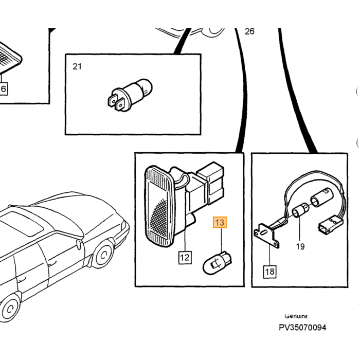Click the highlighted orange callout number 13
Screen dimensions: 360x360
220,222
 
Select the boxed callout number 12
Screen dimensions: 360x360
185,257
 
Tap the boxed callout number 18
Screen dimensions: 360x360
269,272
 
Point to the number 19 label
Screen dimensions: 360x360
300,246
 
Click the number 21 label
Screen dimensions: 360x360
77,66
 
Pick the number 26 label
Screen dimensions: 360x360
249,31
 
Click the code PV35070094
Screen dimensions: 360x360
302,328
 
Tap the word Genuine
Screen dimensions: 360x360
296,316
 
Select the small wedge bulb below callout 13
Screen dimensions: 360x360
217,263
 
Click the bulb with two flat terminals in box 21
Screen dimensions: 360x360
130,95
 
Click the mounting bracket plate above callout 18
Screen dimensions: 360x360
266,236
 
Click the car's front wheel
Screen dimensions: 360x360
103,254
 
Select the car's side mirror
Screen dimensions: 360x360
79,244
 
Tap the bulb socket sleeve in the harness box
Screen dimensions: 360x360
320,197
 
